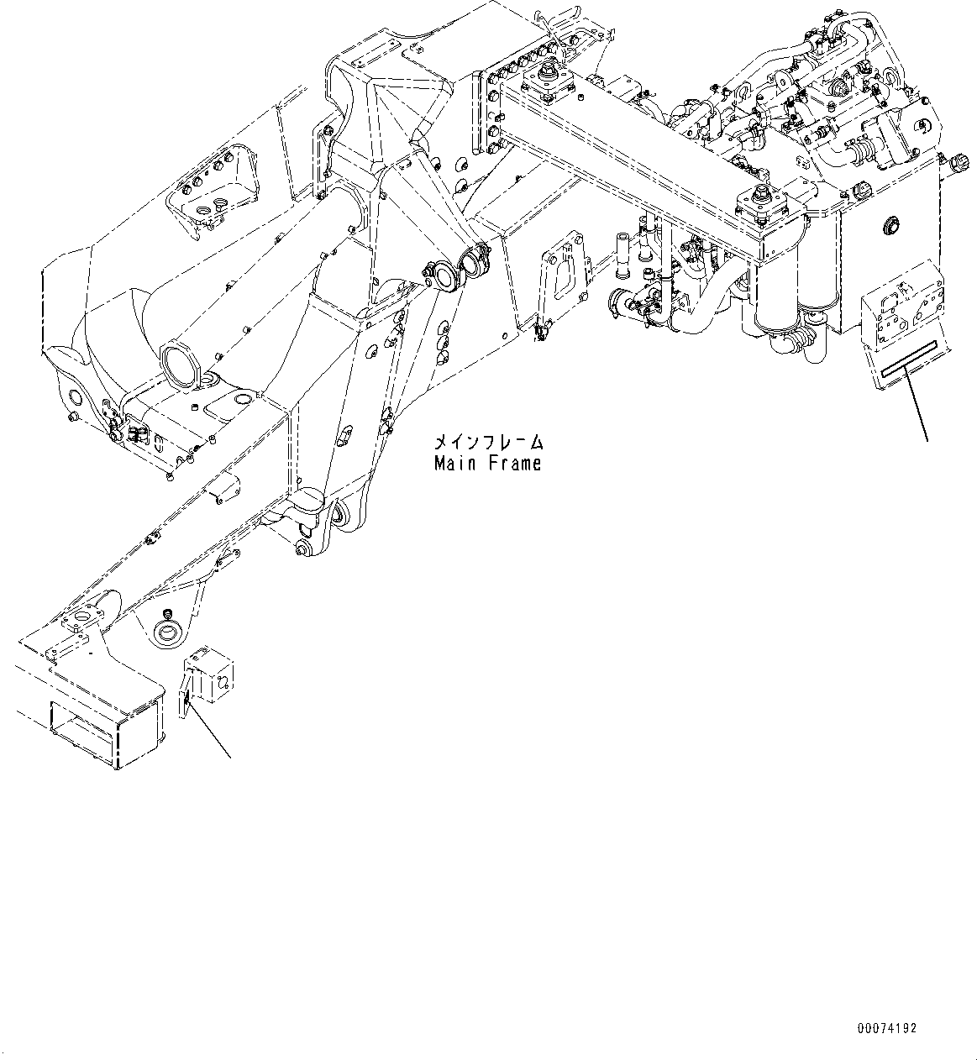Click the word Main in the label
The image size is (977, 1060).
[x=455, y=463]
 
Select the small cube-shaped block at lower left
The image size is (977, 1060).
[x=210, y=671]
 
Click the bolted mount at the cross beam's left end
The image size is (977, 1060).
[x=544, y=82]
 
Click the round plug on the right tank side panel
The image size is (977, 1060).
[x=890, y=225]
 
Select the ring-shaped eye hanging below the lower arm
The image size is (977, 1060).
[x=168, y=628]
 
